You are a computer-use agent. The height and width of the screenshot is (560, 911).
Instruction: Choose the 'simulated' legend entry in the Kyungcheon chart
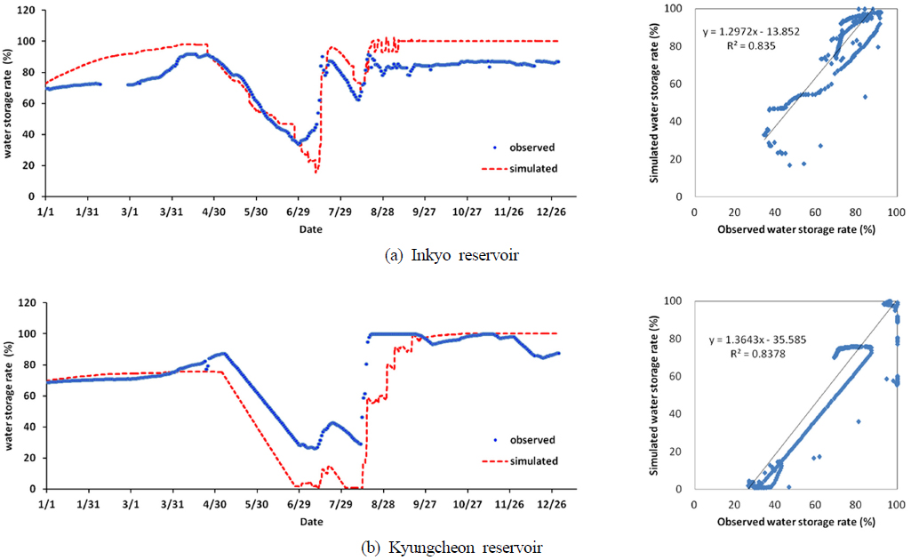[535, 460]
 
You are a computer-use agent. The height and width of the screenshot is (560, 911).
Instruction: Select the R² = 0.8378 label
[768, 353]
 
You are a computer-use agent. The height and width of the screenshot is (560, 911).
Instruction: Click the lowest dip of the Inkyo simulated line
[316, 172]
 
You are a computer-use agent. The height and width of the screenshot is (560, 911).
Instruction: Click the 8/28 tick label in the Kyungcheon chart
[381, 504]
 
